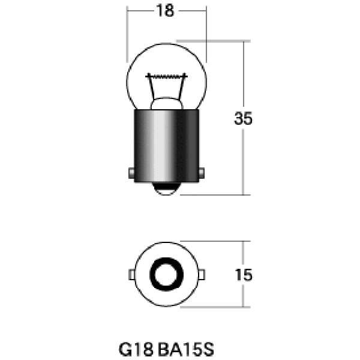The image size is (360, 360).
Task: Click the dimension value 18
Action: click(x=165, y=11)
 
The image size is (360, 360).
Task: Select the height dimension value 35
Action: click(x=243, y=118)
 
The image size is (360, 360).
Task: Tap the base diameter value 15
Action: click(x=243, y=275)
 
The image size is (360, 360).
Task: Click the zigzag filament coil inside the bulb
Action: click(x=166, y=76)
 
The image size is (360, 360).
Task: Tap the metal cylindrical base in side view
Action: click(x=166, y=144)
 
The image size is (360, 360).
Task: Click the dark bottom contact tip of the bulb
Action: click(x=166, y=188)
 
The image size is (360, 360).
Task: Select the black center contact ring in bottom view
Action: click(x=166, y=275)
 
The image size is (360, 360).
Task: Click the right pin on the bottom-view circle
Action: click(x=200, y=275)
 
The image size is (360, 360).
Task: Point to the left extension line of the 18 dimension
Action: click(x=127, y=36)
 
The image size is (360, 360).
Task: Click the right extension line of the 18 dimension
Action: click(x=205, y=36)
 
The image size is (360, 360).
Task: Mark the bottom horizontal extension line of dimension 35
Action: click(x=216, y=194)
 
